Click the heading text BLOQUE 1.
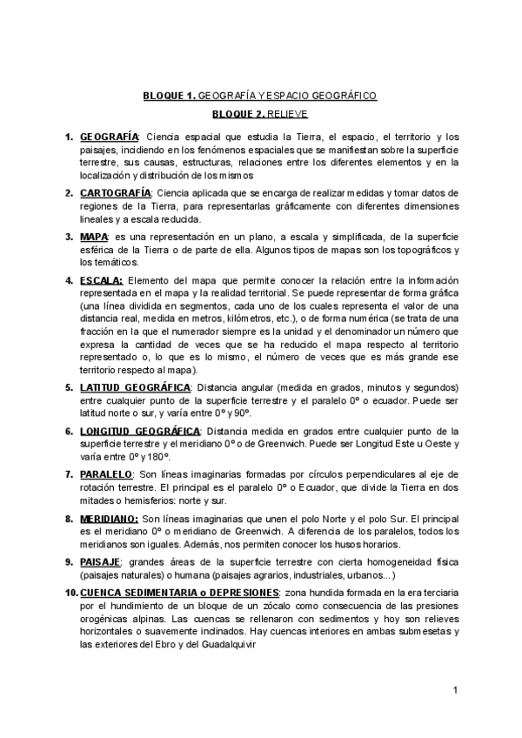click(x=171, y=96)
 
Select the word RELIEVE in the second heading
click(x=288, y=113)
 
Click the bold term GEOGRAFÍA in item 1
click(x=109, y=138)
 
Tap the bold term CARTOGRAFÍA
click(x=116, y=191)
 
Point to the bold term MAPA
click(x=94, y=237)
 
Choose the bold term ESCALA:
click(x=102, y=282)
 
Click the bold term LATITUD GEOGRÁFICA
click(x=135, y=386)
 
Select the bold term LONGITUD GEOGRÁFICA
click(x=140, y=431)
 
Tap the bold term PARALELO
click(x=106, y=474)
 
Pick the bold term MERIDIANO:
click(x=109, y=519)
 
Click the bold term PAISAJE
click(x=99, y=562)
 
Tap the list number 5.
click(x=70, y=386)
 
